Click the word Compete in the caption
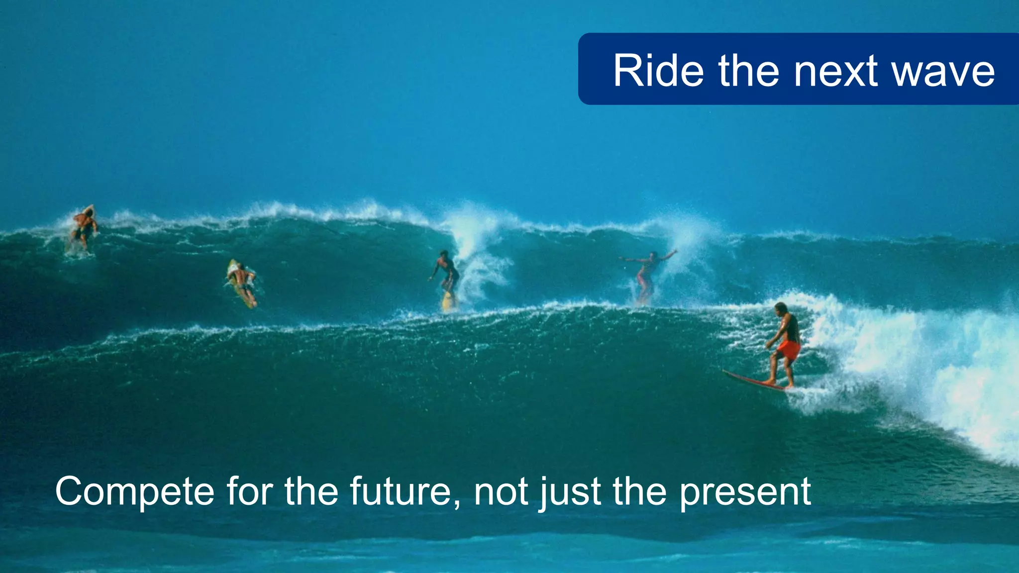click(134, 491)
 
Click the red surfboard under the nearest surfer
click(751, 381)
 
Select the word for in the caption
click(250, 491)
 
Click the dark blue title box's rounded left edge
click(582, 69)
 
